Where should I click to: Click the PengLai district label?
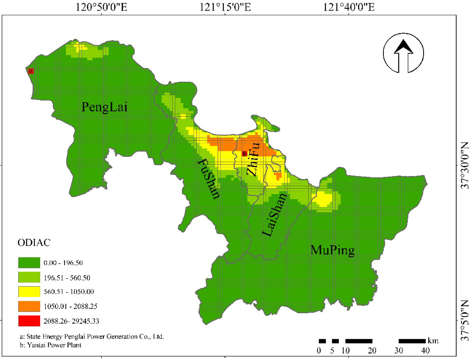[x=104, y=107]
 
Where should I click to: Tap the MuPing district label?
[x=332, y=250]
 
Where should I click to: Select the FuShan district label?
[x=209, y=179]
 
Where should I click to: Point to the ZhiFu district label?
[x=253, y=159]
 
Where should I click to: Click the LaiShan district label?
[x=274, y=215]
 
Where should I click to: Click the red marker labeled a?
[x=31, y=71]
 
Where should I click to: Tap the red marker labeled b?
[x=244, y=154]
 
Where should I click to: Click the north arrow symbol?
[x=403, y=53]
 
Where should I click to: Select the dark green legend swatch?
[x=29, y=263]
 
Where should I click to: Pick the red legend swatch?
[x=29, y=321]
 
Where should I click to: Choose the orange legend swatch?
[x=29, y=306]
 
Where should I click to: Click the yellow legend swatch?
[x=29, y=292]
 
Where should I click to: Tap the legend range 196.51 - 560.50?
[x=67, y=278]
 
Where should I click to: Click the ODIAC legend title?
[x=34, y=243]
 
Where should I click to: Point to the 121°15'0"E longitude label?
[x=225, y=7]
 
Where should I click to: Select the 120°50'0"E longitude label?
[x=101, y=7]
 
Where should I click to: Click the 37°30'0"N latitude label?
[x=465, y=165]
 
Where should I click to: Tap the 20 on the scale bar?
[x=372, y=351]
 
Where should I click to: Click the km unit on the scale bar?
[x=433, y=341]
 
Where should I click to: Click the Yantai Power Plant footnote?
[x=51, y=345]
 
